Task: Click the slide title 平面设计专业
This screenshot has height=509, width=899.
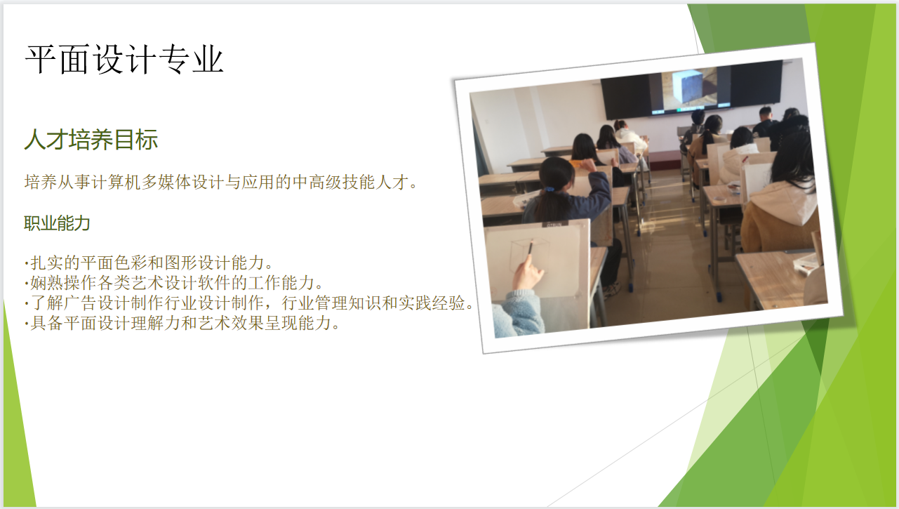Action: pyautogui.click(x=124, y=60)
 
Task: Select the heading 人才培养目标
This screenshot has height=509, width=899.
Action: pyautogui.click(x=91, y=140)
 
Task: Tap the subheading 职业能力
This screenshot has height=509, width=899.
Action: pyautogui.click(x=57, y=223)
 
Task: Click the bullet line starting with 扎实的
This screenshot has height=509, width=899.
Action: pyautogui.click(x=149, y=263)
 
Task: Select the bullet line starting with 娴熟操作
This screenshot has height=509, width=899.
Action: pyautogui.click(x=174, y=283)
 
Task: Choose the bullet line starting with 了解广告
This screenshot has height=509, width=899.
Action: pyautogui.click(x=249, y=303)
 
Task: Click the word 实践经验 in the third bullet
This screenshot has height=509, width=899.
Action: pyautogui.click(x=431, y=303)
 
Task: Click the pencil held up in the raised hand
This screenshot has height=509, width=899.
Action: pyautogui.click(x=531, y=247)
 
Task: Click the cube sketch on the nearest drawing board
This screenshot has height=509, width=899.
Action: pyautogui.click(x=529, y=256)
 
